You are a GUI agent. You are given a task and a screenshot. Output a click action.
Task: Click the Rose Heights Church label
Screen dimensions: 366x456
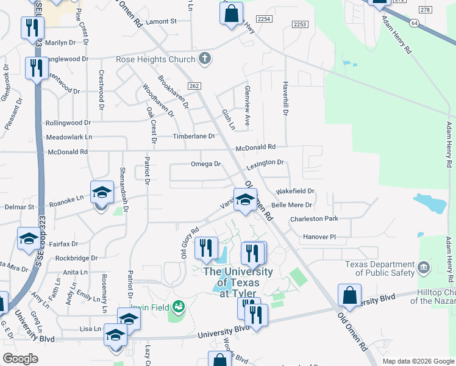(155, 60)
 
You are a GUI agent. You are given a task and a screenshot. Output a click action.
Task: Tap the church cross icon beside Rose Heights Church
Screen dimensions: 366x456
(205, 59)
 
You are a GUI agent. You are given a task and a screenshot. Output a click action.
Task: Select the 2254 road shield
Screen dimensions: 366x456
(264, 20)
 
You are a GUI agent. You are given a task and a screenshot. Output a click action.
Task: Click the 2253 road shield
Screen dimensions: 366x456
(299, 24)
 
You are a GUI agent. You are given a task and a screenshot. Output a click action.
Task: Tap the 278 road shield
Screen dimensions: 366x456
(425, 10)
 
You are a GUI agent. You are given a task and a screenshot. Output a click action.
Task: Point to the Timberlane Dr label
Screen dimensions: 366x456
(194, 137)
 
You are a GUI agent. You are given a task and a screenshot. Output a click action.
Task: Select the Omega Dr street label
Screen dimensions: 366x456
(205, 164)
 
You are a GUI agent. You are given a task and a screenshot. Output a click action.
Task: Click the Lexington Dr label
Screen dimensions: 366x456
(265, 163)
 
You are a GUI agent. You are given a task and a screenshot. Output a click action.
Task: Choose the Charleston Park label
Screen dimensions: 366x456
(314, 219)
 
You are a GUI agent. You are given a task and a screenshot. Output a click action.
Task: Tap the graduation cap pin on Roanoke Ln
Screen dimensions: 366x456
(102, 193)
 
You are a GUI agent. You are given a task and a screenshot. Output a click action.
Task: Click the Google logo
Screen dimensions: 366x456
(21, 359)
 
